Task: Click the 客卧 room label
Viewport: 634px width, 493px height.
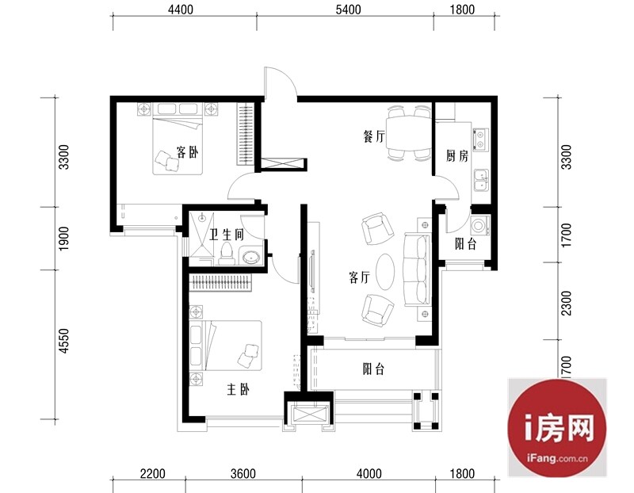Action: pos(188,152)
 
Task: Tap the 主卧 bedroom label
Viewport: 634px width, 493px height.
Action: pos(239,389)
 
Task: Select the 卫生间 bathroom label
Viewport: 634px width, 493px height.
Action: pos(227,234)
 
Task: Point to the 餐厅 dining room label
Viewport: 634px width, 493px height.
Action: pos(374,136)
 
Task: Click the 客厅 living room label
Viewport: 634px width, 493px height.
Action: pos(360,277)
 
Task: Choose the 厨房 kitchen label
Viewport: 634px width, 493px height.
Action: pos(457,155)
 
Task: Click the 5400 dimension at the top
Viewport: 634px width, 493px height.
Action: pos(348,9)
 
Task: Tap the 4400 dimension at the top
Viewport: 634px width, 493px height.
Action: pos(181,9)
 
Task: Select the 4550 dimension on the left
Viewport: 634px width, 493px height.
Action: pos(64,341)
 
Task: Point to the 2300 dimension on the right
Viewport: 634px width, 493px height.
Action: pos(567,304)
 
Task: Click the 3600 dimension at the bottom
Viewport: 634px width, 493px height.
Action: pos(243,473)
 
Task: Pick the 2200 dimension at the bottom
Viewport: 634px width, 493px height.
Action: pos(152,473)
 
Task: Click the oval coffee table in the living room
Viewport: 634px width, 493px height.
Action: pos(385,272)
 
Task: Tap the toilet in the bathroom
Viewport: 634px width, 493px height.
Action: pos(227,254)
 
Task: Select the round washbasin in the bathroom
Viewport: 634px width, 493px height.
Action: pos(251,258)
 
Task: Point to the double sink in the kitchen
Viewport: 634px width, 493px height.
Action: pos(481,180)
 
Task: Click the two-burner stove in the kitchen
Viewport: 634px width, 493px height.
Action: pos(481,139)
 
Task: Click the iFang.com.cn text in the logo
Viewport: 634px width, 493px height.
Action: pos(557,459)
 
